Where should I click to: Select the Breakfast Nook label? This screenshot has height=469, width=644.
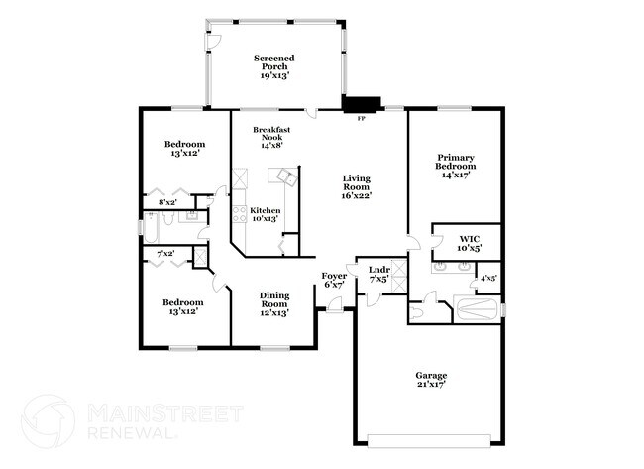tap(271, 137)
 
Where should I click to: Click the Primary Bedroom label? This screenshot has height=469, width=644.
tap(456, 166)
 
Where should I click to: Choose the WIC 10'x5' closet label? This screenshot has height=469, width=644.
tap(470, 243)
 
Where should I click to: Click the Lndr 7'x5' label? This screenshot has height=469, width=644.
tap(378, 275)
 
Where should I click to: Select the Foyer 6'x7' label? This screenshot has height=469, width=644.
tap(334, 280)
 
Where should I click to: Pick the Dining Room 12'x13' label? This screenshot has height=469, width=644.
tap(274, 303)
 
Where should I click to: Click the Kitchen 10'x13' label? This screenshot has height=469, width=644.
tap(265, 215)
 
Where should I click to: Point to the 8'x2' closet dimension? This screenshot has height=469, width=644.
tap(167, 202)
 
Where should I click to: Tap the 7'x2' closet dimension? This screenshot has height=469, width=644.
tap(166, 255)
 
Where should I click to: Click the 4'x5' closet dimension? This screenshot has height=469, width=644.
tap(488, 278)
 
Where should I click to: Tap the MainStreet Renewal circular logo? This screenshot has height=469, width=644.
tap(49, 420)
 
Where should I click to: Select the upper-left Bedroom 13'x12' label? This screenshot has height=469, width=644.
tap(184, 149)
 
